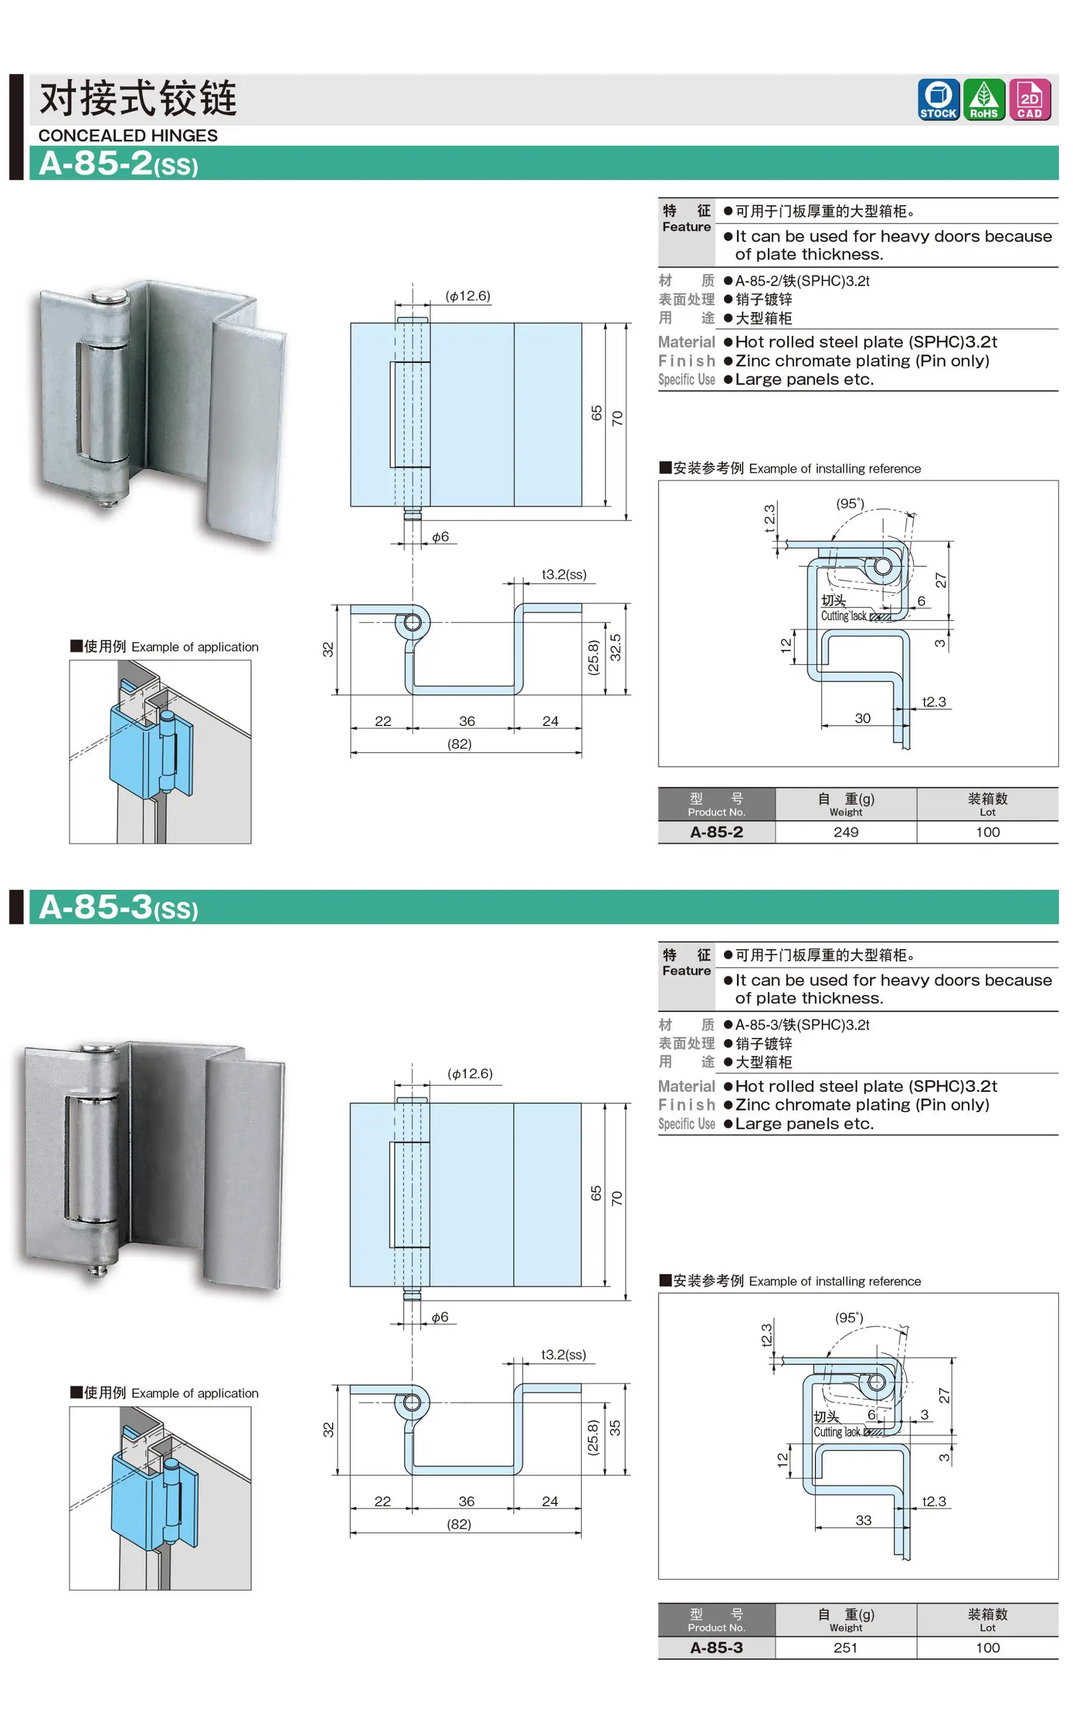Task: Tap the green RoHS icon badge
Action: click(x=983, y=99)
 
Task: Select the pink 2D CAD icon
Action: click(x=1029, y=99)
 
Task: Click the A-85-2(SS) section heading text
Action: click(x=118, y=164)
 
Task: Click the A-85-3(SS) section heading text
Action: click(x=118, y=907)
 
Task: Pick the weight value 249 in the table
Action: click(x=845, y=832)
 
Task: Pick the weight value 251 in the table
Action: click(x=845, y=1647)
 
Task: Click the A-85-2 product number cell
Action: click(x=716, y=832)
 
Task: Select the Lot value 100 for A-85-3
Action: click(x=987, y=1647)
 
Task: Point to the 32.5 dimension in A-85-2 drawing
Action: click(x=615, y=647)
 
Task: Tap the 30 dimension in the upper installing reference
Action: click(x=862, y=718)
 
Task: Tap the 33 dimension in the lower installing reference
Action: click(x=863, y=1520)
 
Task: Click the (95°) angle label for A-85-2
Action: click(x=850, y=503)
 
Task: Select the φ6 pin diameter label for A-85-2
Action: click(x=440, y=537)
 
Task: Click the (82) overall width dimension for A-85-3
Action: click(x=459, y=1524)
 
